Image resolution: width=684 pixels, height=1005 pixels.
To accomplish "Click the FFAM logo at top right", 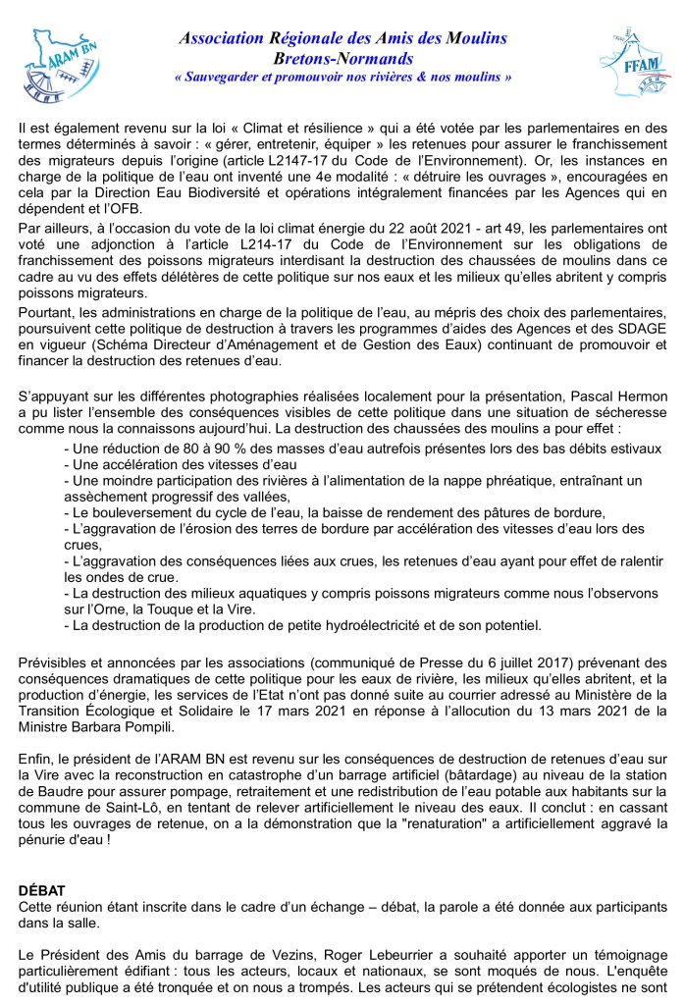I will click(629, 63).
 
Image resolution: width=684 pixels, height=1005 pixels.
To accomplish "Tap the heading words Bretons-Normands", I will click(342, 58).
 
